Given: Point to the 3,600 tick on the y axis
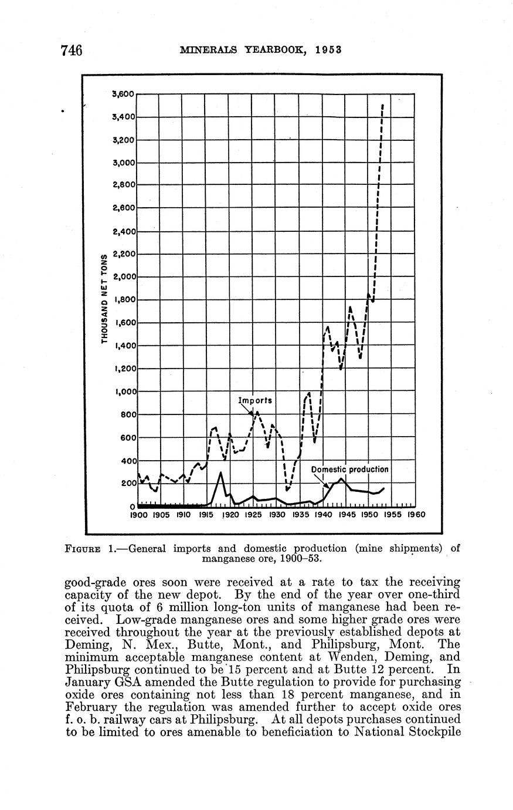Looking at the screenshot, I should point(124,93).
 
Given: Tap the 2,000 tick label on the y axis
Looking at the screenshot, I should point(124,276).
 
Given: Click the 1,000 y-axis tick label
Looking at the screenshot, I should point(124,392).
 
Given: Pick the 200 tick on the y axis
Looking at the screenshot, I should point(128,484).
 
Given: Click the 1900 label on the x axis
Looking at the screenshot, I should point(138,515).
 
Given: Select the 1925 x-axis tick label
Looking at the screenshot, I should point(253,515).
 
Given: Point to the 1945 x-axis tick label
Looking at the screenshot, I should point(345,515).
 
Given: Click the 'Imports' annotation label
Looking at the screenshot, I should point(256,400).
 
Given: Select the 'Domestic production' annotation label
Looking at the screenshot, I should point(349,470).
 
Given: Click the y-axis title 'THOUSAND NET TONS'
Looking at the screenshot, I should point(104,299).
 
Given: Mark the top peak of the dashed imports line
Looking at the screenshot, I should point(382,106).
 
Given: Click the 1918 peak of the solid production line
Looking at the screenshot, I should point(220,473).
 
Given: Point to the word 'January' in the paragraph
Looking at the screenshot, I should point(84,683).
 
